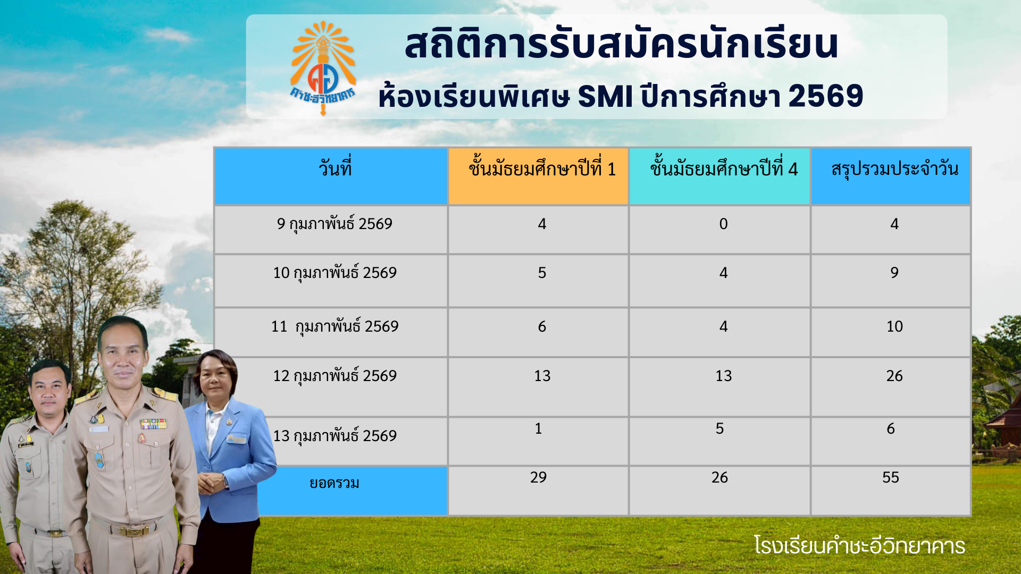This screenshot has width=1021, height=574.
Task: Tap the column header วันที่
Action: [335, 167]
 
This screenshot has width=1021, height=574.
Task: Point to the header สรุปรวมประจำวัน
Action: [895, 169]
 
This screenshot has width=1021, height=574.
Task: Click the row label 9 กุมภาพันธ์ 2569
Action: [334, 224]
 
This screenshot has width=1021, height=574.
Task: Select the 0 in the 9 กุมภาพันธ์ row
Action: [723, 224]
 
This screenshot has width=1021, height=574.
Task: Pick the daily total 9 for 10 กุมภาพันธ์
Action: [894, 273]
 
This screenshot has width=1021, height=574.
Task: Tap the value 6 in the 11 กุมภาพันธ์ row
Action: [542, 326]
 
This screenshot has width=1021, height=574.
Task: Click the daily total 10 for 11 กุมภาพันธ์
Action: [894, 326]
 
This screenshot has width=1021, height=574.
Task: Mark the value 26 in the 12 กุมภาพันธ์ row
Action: [894, 376]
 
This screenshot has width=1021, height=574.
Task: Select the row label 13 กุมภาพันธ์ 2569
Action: [335, 436]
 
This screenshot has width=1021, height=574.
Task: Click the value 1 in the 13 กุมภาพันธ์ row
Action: [538, 428]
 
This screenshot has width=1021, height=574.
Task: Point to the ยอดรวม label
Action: [334, 483]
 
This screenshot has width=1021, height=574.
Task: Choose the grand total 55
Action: [891, 477]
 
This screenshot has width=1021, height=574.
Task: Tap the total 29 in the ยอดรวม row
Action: [538, 477]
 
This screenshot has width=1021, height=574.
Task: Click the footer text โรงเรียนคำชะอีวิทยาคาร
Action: [859, 546]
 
